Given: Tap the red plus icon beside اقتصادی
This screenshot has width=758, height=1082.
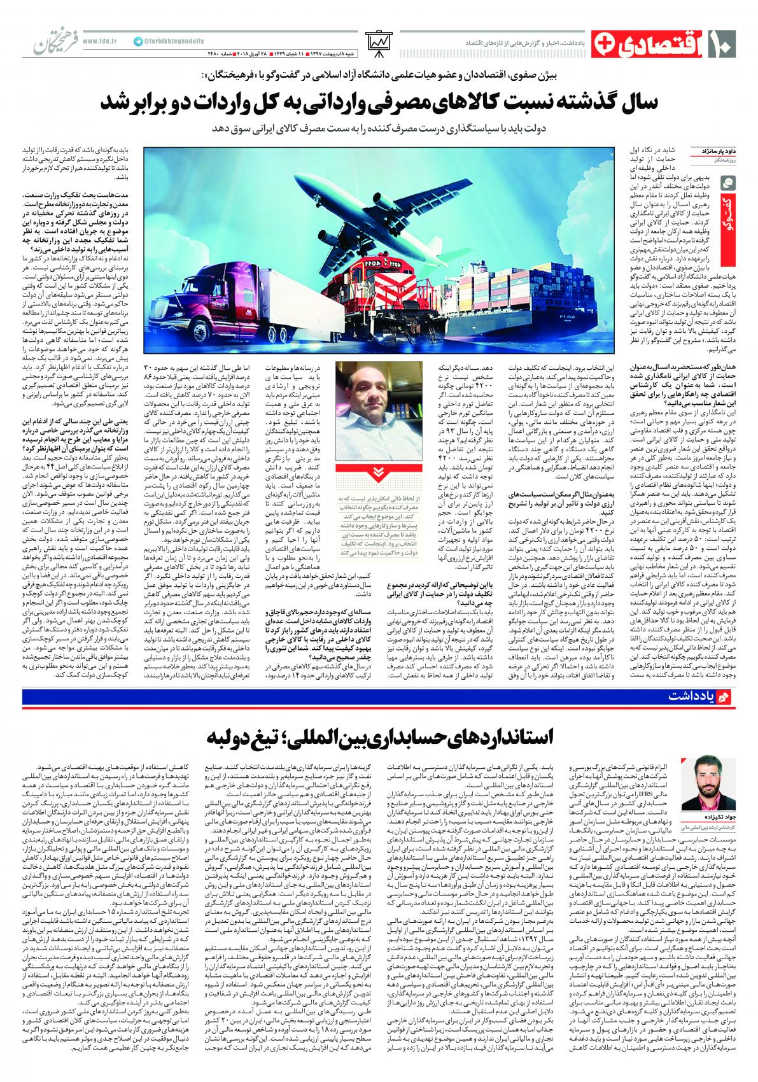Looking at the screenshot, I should click(x=603, y=42).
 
